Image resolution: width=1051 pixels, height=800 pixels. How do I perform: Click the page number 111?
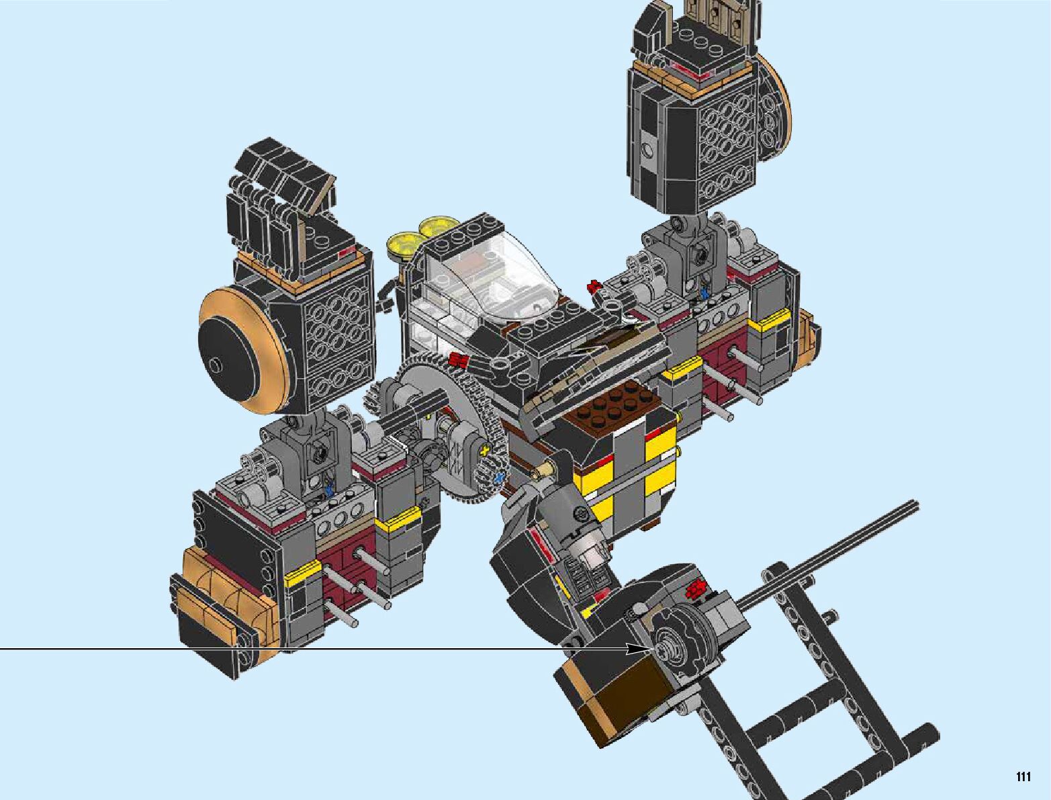pyautogui.click(x=1023, y=776)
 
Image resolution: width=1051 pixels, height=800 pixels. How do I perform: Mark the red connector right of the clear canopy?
pyautogui.click(x=595, y=286)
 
